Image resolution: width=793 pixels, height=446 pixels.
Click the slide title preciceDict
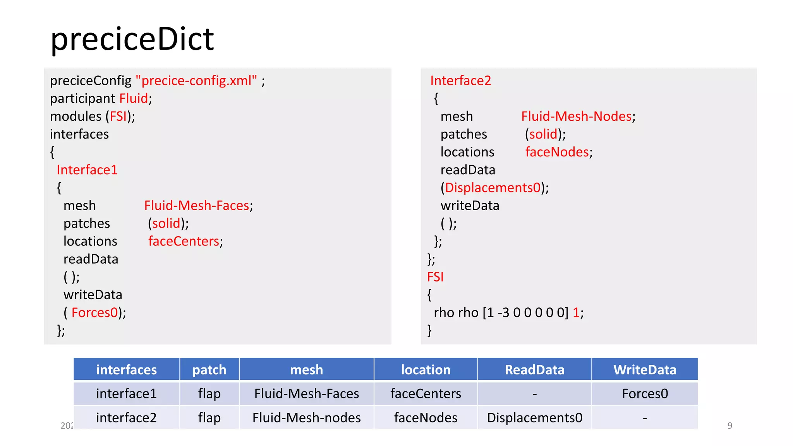click(x=132, y=39)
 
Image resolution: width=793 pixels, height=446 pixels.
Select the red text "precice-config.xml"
click(x=196, y=81)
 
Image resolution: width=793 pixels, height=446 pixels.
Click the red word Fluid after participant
click(x=134, y=98)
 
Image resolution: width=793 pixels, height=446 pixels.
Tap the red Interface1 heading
click(x=87, y=170)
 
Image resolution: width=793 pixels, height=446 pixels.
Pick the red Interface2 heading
click(x=460, y=81)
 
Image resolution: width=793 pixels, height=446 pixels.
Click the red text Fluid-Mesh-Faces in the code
click(x=197, y=206)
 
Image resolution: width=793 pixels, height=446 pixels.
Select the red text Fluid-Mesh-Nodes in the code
click(x=576, y=116)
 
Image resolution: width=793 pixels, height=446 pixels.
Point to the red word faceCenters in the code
click(x=184, y=241)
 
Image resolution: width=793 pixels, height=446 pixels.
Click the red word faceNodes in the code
click(x=557, y=152)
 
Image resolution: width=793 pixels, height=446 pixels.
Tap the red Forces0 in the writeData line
click(x=94, y=312)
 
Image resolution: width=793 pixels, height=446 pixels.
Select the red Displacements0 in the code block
click(x=493, y=188)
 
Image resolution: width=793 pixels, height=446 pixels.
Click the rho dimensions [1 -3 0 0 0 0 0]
click(x=525, y=312)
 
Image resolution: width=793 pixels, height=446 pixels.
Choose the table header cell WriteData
click(x=645, y=370)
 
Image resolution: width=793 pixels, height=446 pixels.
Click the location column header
click(x=426, y=370)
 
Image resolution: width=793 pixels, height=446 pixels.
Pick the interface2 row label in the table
click(x=126, y=418)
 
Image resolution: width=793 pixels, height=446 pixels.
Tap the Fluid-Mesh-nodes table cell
click(x=306, y=418)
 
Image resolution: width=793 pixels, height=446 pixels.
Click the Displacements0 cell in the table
click(x=534, y=418)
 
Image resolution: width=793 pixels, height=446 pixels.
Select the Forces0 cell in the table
click(x=645, y=394)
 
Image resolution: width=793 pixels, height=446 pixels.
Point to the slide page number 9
click(x=729, y=425)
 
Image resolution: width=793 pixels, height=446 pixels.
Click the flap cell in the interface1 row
click(x=209, y=394)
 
